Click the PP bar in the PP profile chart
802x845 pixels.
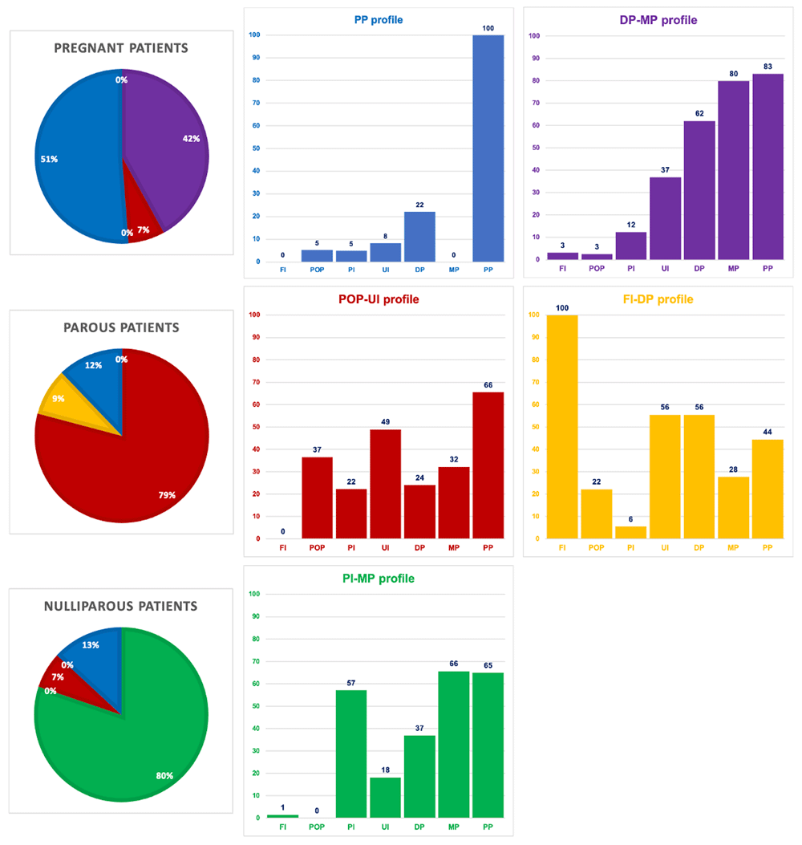pos(488,148)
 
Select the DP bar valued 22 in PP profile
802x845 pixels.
pos(419,237)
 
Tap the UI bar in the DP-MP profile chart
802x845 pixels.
pos(665,218)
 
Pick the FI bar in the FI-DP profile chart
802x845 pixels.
pos(562,427)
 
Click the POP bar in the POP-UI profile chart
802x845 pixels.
pos(318,498)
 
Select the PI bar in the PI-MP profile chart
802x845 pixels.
pos(351,754)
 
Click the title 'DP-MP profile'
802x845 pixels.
pos(658,20)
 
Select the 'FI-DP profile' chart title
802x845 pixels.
pos(658,299)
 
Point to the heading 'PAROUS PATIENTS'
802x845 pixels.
pos(121,327)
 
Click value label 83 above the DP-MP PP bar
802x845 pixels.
pos(768,67)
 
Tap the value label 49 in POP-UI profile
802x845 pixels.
pos(385,421)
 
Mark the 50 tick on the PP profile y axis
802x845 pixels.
pos(256,148)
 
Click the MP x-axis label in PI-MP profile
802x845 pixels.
pos(453,827)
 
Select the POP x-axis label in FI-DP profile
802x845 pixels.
pos(596,547)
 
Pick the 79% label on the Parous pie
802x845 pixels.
pos(167,494)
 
